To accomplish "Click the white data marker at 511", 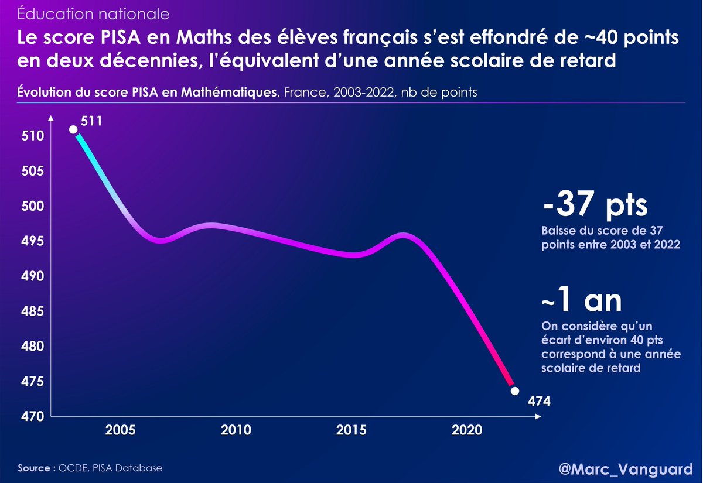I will [x=73, y=129].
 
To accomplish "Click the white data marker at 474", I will [x=515, y=390].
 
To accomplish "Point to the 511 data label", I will [x=96, y=122].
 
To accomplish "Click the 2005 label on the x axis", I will [x=121, y=431].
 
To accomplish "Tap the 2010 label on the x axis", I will [x=236, y=431].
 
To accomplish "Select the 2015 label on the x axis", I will [x=351, y=431].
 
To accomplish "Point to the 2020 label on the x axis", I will [x=467, y=431].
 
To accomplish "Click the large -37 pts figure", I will [x=595, y=205].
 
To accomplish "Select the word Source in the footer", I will [x=36, y=468].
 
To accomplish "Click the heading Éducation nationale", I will [x=94, y=12].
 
